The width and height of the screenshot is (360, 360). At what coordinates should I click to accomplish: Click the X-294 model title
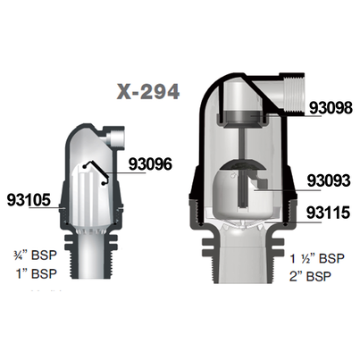pos(147,91)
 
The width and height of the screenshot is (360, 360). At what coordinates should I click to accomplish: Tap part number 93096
pos(150,163)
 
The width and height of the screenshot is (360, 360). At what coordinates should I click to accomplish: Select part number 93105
pos(29,200)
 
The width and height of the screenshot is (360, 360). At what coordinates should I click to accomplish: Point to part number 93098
pos(331,108)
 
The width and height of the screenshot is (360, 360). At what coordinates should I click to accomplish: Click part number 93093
pos(329,180)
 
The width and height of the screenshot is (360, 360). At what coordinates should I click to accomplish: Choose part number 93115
pos(328,213)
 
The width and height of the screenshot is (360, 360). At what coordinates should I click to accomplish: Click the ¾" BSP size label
pos(36,255)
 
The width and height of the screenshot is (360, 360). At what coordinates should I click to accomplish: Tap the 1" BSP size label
pos(37,273)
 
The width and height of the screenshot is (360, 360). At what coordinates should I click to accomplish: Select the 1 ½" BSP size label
pos(317,258)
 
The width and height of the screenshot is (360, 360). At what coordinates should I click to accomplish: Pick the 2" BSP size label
pos(310,276)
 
